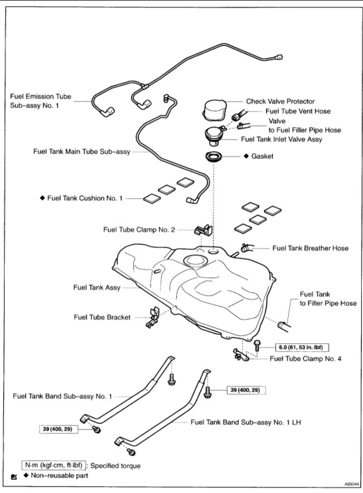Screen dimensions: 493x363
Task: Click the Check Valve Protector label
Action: pyautogui.click(x=280, y=101)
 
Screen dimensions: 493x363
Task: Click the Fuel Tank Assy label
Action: pyautogui.click(x=97, y=288)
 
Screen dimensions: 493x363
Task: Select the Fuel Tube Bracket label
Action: pyautogui.click(x=102, y=317)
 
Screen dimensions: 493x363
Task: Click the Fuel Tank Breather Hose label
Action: pyautogui.click(x=310, y=248)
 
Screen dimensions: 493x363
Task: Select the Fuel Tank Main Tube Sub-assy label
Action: pyautogui.click(x=81, y=151)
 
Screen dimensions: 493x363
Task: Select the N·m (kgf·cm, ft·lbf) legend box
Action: pyautogui.click(x=54, y=465)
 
